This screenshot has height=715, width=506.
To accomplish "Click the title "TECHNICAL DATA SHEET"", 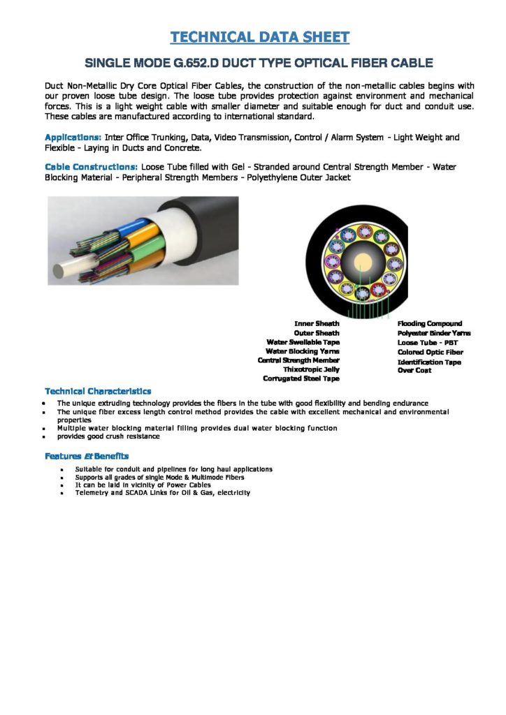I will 260,37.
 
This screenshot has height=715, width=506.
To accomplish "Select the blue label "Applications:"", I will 73,138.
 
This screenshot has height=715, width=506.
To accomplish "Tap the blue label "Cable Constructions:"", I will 92,168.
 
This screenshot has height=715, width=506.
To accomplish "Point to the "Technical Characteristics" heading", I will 98,391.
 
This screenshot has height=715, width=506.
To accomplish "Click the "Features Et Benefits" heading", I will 87,456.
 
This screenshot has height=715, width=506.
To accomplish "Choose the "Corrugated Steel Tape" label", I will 301,378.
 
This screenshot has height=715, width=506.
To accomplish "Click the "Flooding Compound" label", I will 429,323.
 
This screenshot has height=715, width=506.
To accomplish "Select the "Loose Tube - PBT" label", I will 427,343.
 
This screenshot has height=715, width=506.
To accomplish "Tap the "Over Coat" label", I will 414,370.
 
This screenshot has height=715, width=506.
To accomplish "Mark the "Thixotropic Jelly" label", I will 311,369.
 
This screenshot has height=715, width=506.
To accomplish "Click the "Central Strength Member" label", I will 298,360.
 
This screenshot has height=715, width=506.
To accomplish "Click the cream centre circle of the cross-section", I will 363,263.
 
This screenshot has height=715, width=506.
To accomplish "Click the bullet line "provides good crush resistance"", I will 108,436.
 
